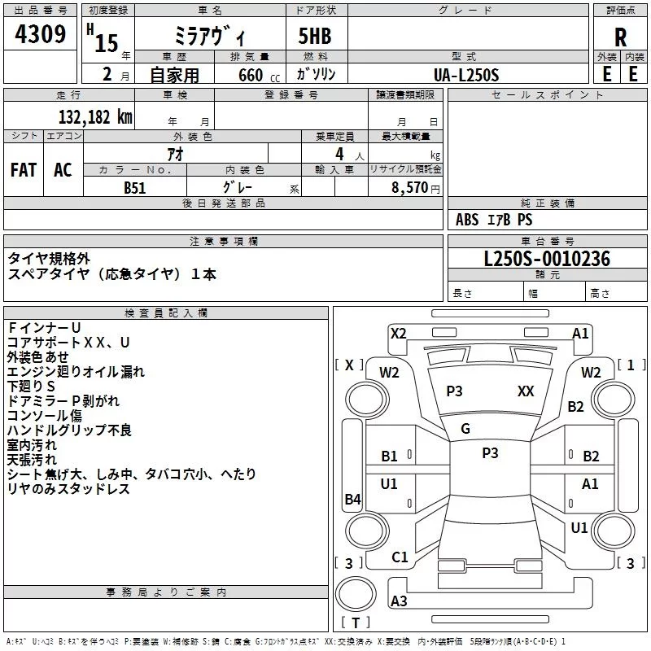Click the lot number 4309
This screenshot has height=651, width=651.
point(40,36)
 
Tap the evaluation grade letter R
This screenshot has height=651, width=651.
point(620,37)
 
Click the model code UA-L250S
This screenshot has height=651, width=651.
point(466,74)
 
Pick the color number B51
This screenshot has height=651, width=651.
point(136,187)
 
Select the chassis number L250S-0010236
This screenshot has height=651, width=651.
point(546,260)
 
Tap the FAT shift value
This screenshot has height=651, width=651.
point(23,169)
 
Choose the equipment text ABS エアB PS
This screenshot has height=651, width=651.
point(495,220)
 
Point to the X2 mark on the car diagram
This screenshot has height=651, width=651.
point(399,333)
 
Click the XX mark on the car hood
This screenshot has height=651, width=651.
point(526,391)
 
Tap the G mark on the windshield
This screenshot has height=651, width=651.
point(465,429)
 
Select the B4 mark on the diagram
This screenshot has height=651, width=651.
point(352,500)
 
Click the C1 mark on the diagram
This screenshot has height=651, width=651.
point(400,557)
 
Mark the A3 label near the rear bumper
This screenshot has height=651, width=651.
point(399,601)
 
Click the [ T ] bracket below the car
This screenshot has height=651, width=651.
point(356,623)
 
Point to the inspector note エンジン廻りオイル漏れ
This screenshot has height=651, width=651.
point(76,372)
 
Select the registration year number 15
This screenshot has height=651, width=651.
point(107,43)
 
